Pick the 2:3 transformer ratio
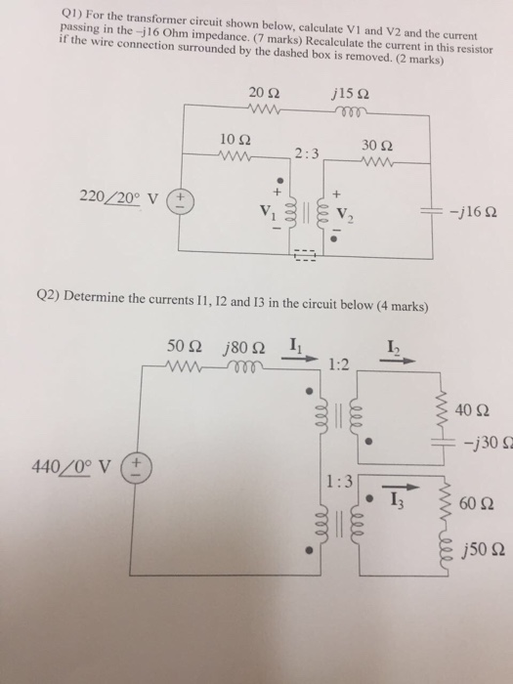pos(306,153)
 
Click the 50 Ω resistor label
pos(184,345)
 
